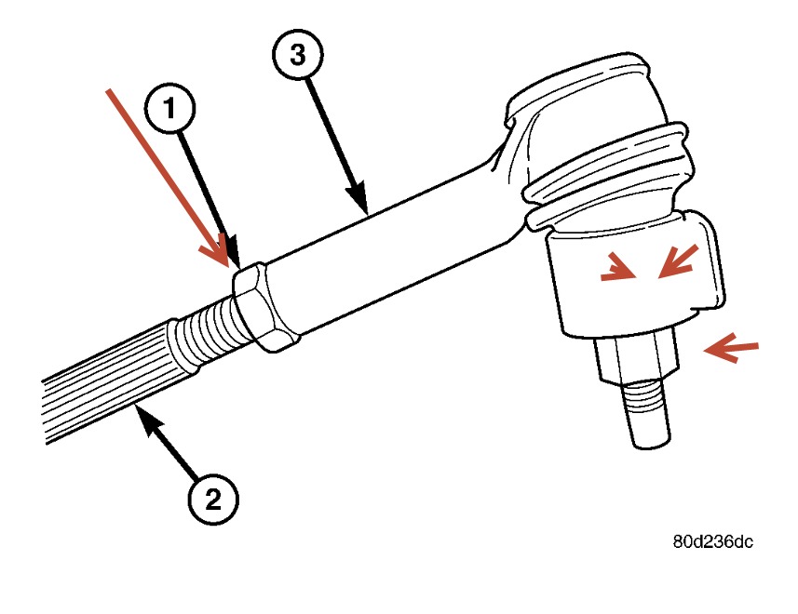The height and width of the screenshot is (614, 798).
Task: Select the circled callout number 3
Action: pyautogui.click(x=297, y=55)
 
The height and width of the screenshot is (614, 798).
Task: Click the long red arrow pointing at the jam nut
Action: pyautogui.click(x=169, y=177)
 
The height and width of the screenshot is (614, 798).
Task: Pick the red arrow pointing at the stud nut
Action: pyautogui.click(x=731, y=349)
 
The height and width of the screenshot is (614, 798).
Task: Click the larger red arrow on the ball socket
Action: pyautogui.click(x=678, y=260)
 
